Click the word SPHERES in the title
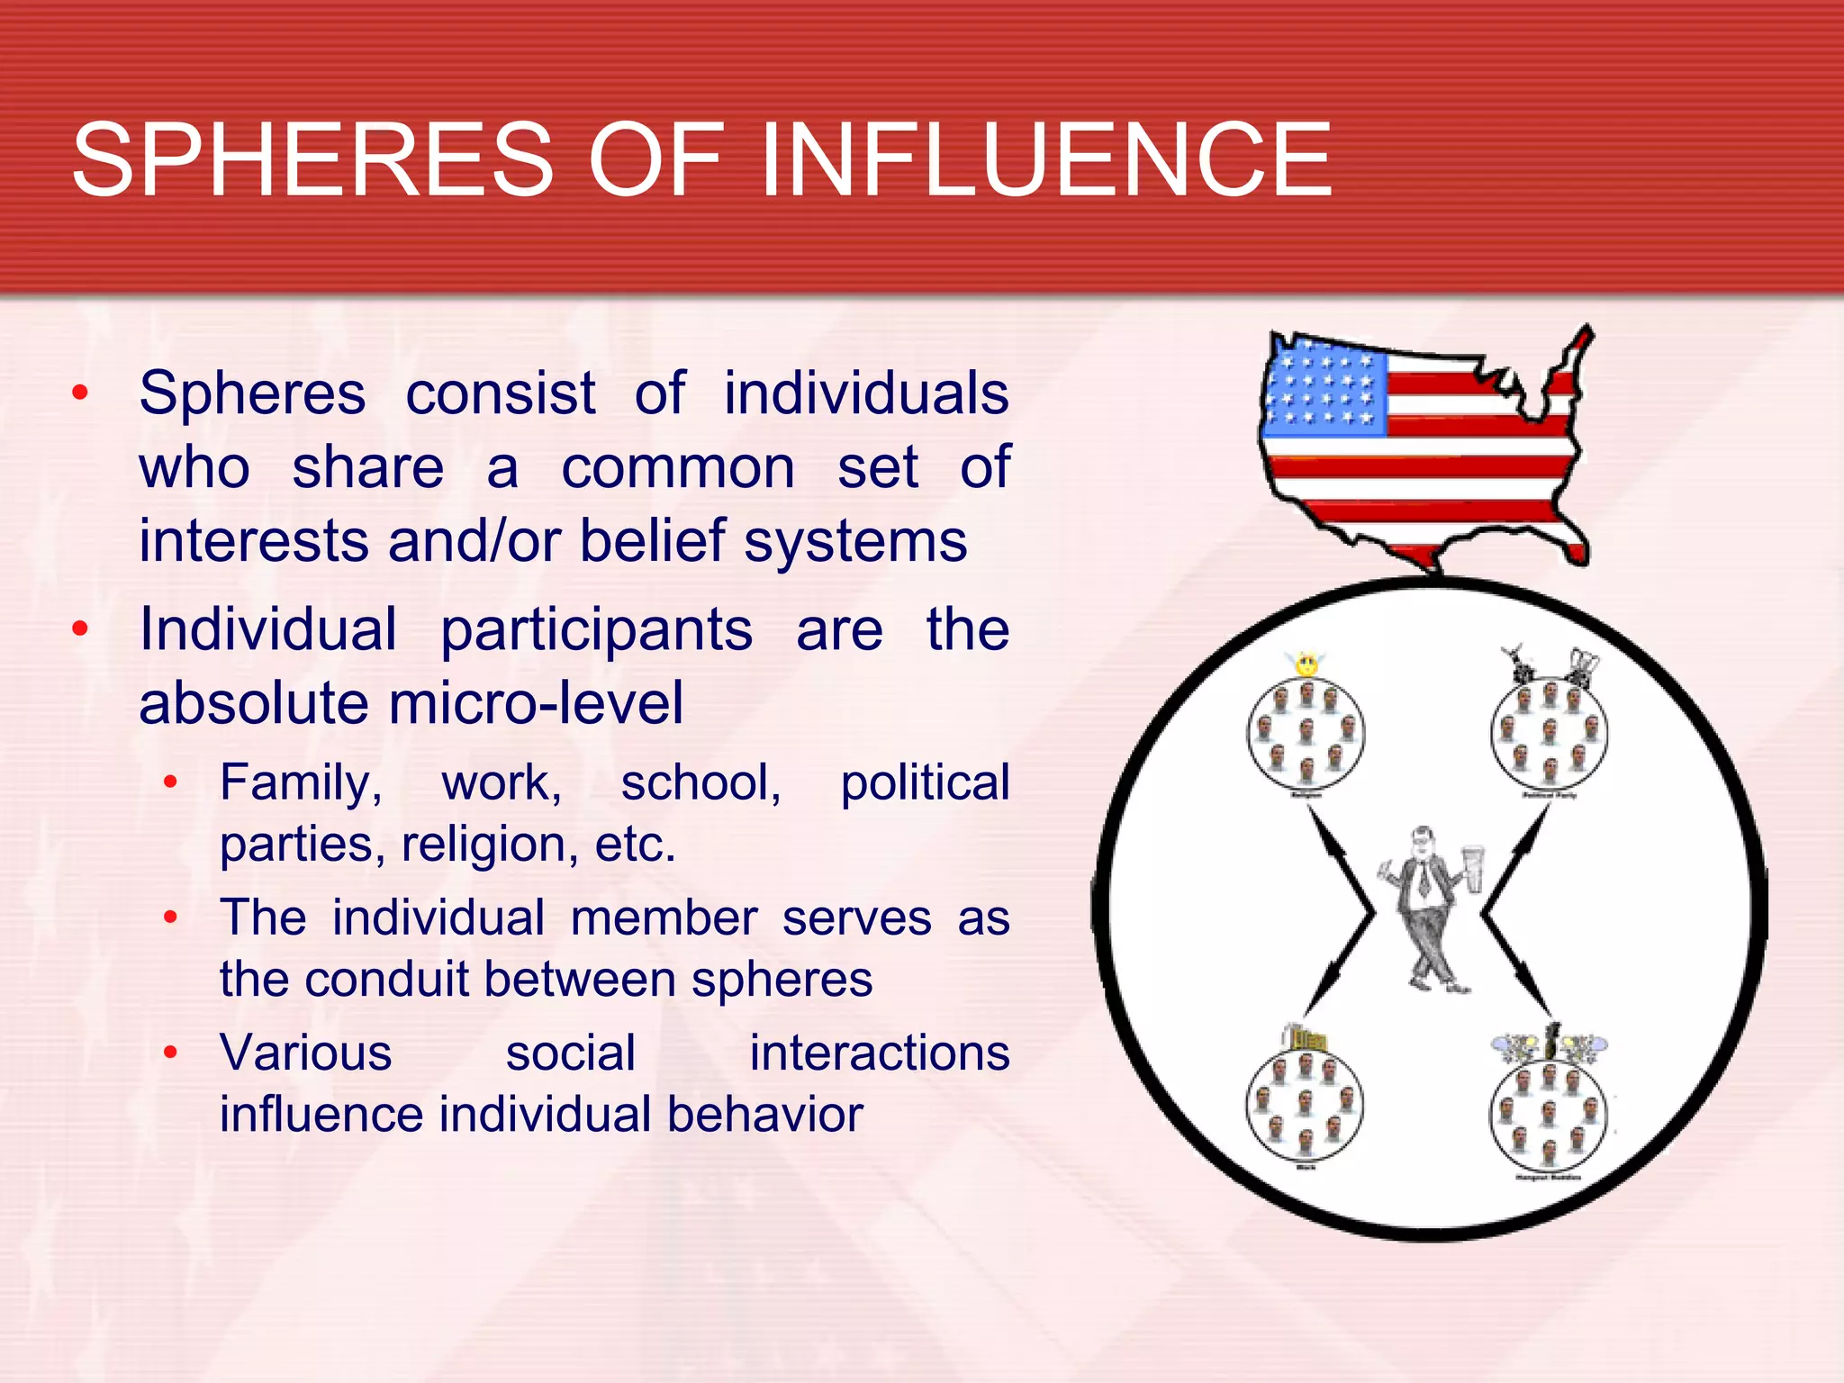tap(312, 160)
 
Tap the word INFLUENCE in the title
tap(1046, 160)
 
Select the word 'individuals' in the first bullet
tap(866, 393)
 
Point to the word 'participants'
tap(596, 629)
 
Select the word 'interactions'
tap(880, 1053)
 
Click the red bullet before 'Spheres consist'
tap(81, 393)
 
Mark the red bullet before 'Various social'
tap(170, 1051)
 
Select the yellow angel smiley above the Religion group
tap(1306, 664)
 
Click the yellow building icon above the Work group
tap(1305, 1039)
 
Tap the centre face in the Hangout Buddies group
tap(1549, 1114)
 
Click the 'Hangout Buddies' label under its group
tap(1549, 1177)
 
